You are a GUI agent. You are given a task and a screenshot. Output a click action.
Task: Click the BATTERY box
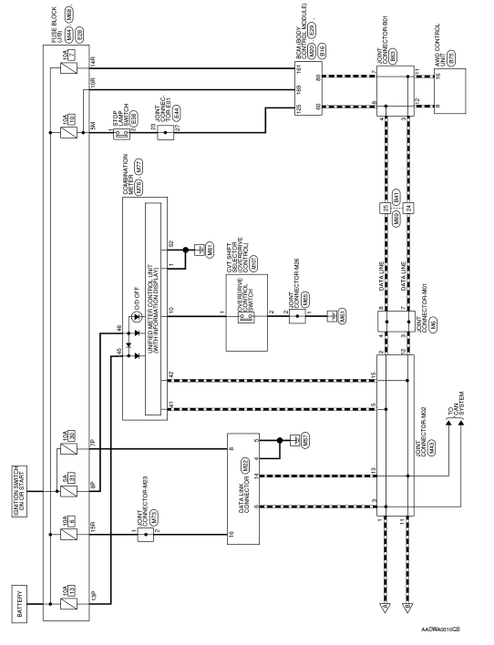pos(23,600)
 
